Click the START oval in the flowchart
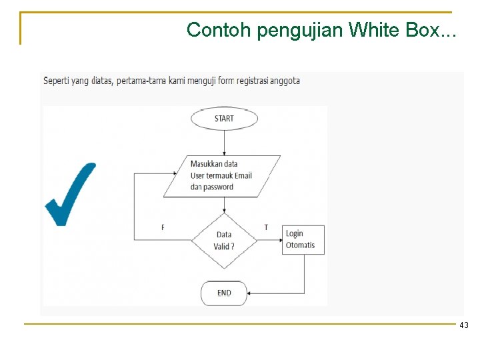[224, 119]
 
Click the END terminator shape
[225, 293]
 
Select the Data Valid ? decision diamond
[224, 240]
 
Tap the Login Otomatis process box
[303, 239]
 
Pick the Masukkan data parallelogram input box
[221, 175]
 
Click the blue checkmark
[69, 194]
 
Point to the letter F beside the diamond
[163, 228]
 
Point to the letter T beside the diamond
[266, 228]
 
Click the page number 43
[463, 325]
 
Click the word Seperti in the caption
[57, 81]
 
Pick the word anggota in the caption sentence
[285, 81]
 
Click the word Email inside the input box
[243, 175]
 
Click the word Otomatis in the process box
[300, 245]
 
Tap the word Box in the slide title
[421, 30]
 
